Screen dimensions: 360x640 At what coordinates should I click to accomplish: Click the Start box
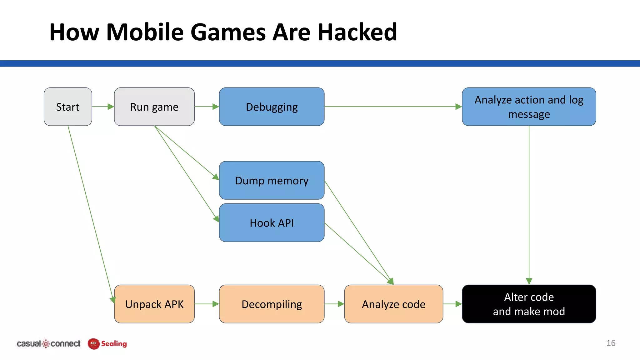pyautogui.click(x=68, y=107)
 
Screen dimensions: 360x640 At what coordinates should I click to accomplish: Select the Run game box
pyautogui.click(x=154, y=107)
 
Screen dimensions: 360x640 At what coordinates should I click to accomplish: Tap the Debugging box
pyautogui.click(x=272, y=107)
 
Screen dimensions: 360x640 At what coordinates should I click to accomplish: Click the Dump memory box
pyautogui.click(x=272, y=181)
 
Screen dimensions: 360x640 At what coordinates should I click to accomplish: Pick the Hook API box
pyautogui.click(x=272, y=223)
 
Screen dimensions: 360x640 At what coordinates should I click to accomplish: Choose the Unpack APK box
pyautogui.click(x=154, y=304)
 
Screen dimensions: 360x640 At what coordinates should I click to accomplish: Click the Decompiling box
pyautogui.click(x=272, y=304)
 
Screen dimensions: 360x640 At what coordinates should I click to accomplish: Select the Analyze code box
pyautogui.click(x=393, y=304)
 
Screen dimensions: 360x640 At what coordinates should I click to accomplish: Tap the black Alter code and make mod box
pyautogui.click(x=529, y=304)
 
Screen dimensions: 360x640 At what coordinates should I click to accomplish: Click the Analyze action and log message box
pyautogui.click(x=529, y=107)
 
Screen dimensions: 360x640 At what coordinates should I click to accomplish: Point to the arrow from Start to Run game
pyautogui.click(x=103, y=107)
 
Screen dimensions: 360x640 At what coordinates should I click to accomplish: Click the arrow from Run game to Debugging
pyautogui.click(x=207, y=107)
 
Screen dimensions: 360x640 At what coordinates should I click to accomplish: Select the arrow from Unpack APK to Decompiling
pyautogui.click(x=207, y=304)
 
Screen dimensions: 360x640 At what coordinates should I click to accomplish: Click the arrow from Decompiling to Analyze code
pyautogui.click(x=334, y=304)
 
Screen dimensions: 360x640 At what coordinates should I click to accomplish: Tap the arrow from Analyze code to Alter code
pyautogui.click(x=452, y=304)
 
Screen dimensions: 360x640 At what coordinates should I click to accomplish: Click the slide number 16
pyautogui.click(x=611, y=343)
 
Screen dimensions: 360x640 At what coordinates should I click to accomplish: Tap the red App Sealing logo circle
pyautogui.click(x=93, y=344)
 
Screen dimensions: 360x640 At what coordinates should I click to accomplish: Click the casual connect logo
pyautogui.click(x=48, y=344)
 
